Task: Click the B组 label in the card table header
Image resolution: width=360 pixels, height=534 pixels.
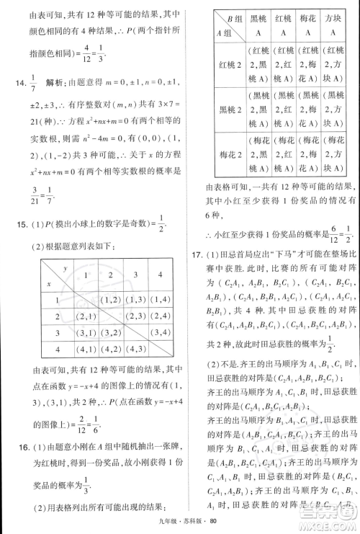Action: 227,18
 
